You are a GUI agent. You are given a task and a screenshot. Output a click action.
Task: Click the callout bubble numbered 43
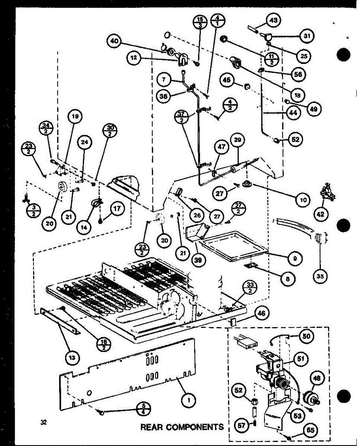tap(274, 20)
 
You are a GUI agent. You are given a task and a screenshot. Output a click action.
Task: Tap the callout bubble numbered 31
tap(306, 36)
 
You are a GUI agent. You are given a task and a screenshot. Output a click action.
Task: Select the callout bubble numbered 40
tap(115, 42)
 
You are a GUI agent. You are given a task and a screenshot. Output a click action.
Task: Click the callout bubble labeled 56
tap(298, 74)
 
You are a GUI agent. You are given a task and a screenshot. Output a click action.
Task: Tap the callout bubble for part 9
tap(294, 258)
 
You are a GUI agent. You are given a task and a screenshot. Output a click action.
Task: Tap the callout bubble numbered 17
tap(117, 209)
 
